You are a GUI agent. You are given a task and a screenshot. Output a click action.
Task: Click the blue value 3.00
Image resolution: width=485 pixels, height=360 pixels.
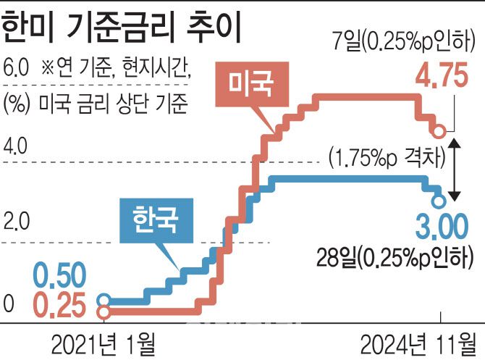click(x=442, y=230)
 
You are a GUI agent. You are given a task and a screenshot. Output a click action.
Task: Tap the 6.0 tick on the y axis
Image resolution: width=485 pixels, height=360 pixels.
click(x=15, y=71)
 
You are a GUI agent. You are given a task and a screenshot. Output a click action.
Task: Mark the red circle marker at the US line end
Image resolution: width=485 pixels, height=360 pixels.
click(x=439, y=131)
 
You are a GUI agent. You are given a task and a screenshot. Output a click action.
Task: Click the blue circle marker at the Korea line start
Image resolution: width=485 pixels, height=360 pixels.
click(x=104, y=299)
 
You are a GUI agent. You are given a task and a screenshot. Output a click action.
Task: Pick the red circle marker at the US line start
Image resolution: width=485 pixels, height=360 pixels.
click(x=104, y=312)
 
